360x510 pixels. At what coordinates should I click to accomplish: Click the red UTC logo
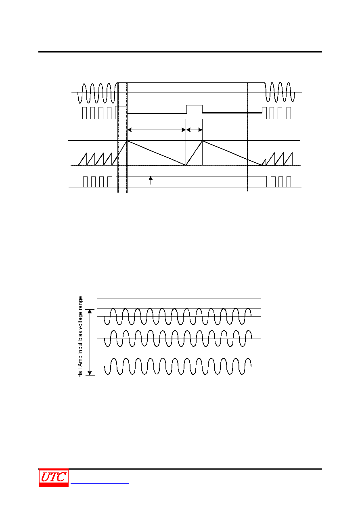point(54,477)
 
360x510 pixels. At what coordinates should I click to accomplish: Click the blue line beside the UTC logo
point(100,484)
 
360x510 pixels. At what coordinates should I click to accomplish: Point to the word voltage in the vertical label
point(80,320)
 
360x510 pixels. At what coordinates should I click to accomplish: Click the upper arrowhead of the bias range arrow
point(90,311)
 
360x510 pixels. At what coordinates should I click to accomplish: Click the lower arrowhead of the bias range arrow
point(90,373)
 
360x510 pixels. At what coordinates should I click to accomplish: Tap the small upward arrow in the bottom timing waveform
point(151,180)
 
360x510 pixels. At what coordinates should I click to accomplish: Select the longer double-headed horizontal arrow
point(157,130)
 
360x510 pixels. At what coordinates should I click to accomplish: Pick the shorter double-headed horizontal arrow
point(194,130)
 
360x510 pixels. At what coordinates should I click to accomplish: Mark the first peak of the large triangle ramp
point(127,141)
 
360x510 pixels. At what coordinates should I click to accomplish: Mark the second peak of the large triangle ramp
point(202,141)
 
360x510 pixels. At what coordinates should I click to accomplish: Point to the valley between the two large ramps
point(186,165)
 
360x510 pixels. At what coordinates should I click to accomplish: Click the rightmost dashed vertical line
point(247,137)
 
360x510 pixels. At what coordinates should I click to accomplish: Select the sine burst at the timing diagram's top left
point(98,93)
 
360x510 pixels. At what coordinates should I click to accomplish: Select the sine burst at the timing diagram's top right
point(280,92)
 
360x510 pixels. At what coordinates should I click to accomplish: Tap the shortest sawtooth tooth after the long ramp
point(264,162)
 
